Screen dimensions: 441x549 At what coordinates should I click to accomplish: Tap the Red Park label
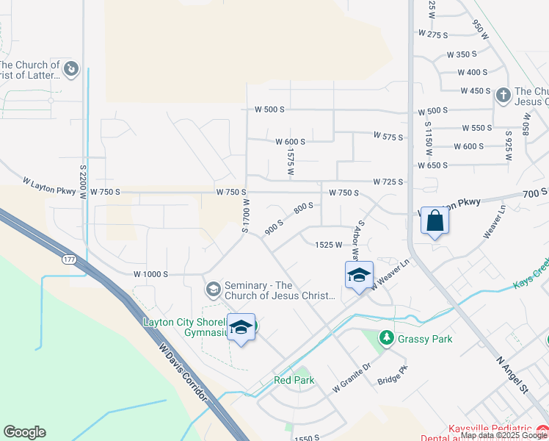coord(294,380)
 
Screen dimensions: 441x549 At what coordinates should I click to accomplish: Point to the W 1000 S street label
coord(151,274)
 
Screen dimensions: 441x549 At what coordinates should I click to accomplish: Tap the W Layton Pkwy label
coord(49,184)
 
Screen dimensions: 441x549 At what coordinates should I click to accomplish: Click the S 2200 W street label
coord(83,183)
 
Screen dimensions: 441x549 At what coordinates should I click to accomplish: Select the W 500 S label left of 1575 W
coord(269,110)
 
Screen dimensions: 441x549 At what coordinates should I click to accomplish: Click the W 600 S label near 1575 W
coord(290,142)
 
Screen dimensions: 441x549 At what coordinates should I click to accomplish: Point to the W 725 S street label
coord(388,182)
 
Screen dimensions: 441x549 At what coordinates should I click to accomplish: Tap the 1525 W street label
coord(329,245)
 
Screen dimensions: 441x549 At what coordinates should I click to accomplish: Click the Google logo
coord(24,432)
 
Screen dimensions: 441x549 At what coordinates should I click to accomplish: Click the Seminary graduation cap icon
coord(213,289)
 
